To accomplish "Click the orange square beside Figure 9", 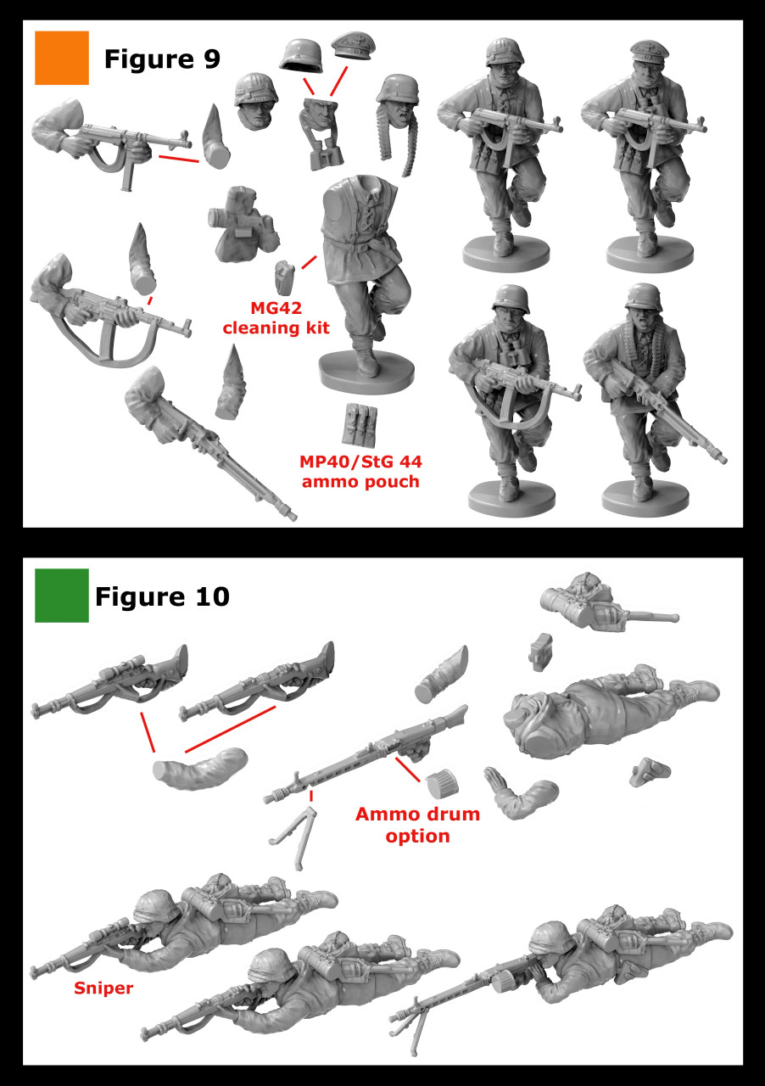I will (61, 58).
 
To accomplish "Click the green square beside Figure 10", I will (61, 595).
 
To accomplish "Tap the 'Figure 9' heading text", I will (161, 59).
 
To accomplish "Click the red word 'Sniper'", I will (103, 988).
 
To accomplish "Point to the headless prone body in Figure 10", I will (611, 717).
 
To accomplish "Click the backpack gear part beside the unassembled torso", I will (241, 225).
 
